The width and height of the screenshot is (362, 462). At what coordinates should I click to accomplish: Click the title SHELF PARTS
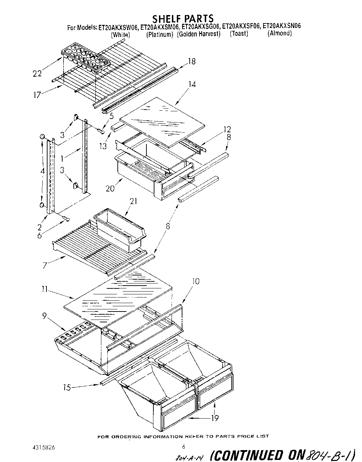[x=183, y=18]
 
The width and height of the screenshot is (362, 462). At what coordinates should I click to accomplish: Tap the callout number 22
[x=37, y=73]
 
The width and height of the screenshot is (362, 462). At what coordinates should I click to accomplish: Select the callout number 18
[x=191, y=61]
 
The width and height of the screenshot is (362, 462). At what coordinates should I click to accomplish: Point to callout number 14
[x=191, y=84]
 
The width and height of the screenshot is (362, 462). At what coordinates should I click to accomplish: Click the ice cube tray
[x=86, y=57]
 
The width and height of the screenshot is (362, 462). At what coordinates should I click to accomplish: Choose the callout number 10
[x=196, y=281]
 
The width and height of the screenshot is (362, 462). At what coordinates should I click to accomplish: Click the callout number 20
[x=110, y=189]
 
